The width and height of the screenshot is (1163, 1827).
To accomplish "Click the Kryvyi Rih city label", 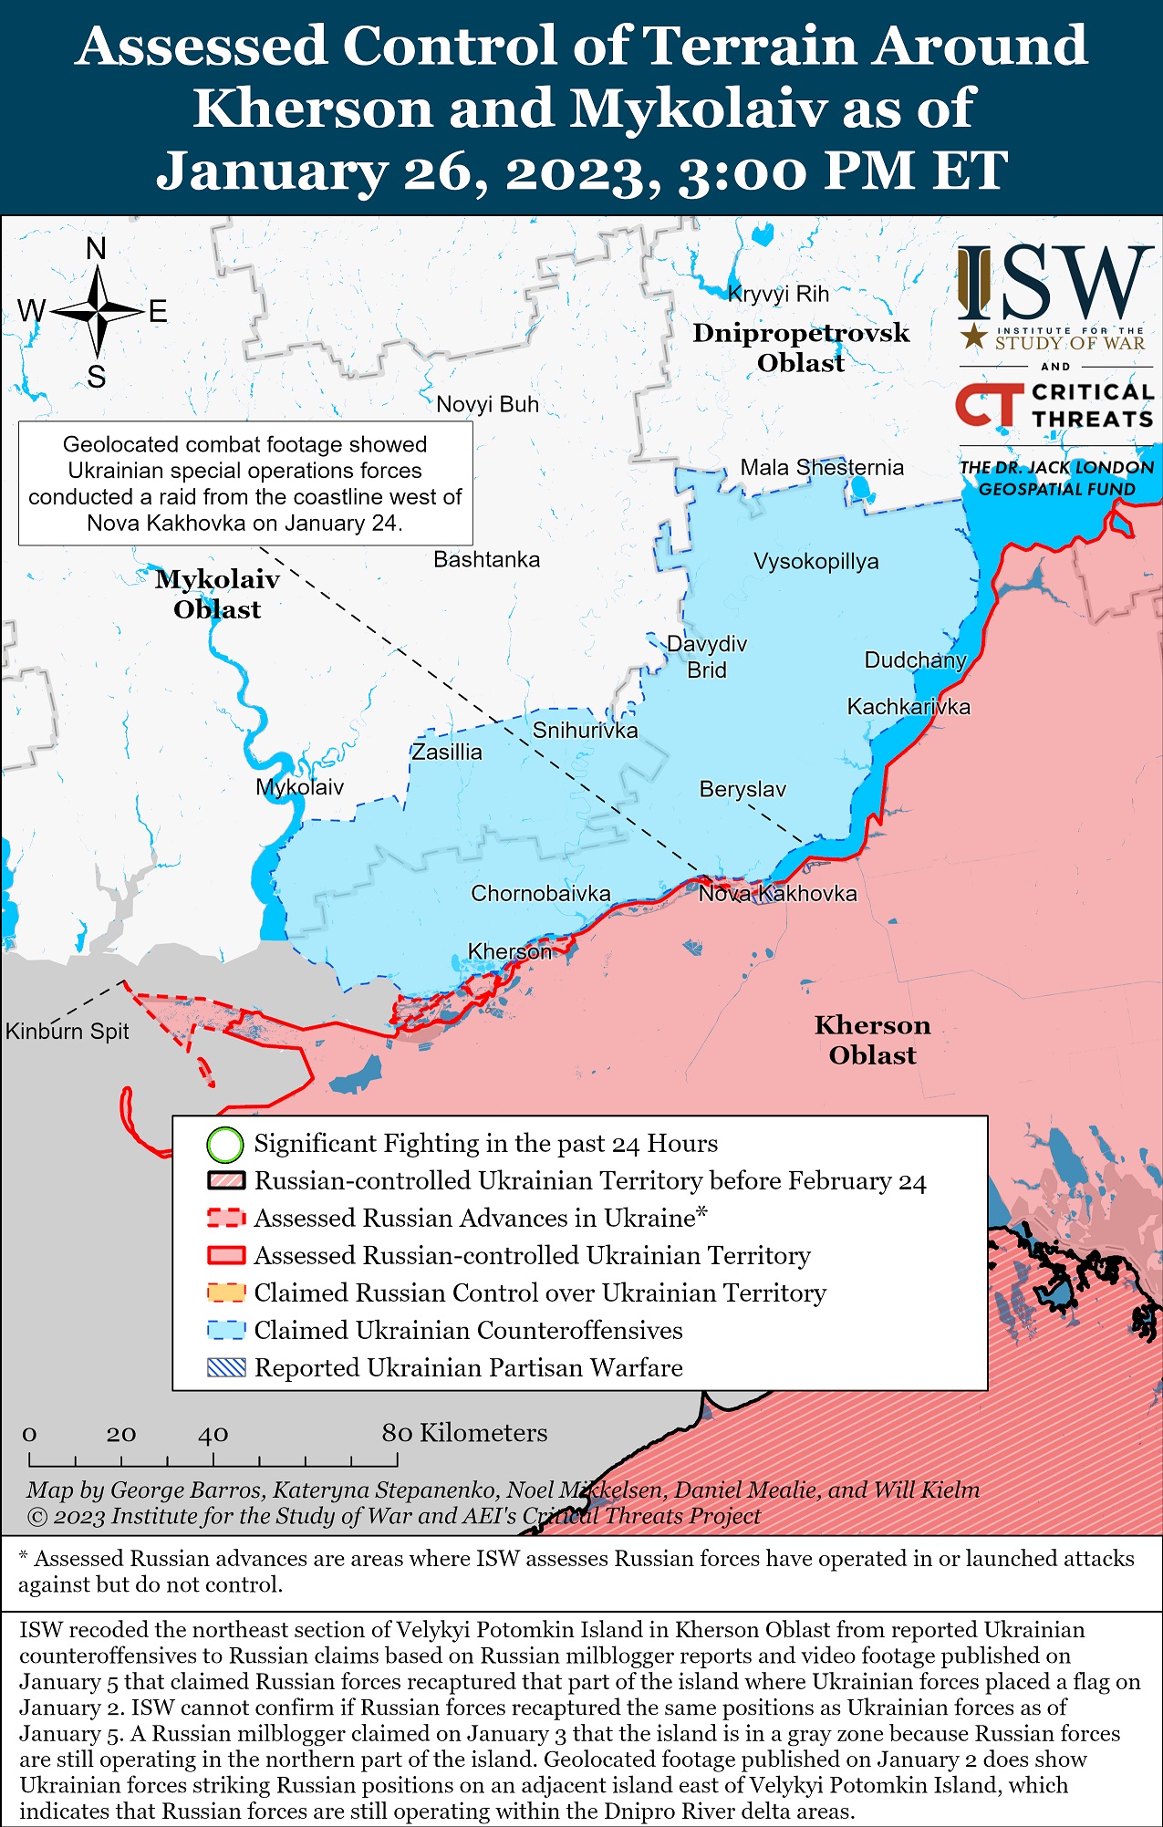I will (x=778, y=294).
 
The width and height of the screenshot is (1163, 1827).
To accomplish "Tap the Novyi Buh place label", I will (x=487, y=404).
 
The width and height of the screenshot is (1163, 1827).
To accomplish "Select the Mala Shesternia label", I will (x=821, y=467).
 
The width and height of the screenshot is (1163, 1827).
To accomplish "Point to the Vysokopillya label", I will (x=815, y=561).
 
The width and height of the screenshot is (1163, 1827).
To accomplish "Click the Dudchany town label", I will (x=915, y=659).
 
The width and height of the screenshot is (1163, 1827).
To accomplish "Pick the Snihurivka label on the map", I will (x=585, y=730).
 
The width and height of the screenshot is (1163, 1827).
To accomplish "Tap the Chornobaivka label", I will (x=540, y=893).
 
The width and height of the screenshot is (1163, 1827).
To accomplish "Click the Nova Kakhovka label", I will (x=777, y=893).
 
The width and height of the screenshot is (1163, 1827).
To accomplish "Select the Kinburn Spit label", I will (x=67, y=1031).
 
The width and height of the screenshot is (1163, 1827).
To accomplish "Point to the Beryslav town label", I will (x=742, y=789).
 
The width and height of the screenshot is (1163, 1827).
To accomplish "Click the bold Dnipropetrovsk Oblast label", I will (x=801, y=348).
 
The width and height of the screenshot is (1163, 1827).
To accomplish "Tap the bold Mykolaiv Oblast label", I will (x=217, y=594).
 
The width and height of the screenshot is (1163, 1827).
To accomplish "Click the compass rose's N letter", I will (x=96, y=248).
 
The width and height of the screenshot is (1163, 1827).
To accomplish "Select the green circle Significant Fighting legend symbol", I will (x=225, y=1144).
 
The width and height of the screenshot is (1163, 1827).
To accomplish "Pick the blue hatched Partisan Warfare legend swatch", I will (x=225, y=1367).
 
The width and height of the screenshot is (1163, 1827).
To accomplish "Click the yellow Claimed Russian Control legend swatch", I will (x=225, y=1292).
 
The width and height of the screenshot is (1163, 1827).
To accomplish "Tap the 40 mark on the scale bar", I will (x=213, y=1434).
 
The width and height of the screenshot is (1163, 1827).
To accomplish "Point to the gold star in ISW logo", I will (x=974, y=337).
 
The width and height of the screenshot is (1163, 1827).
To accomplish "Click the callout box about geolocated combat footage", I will (x=245, y=483).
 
